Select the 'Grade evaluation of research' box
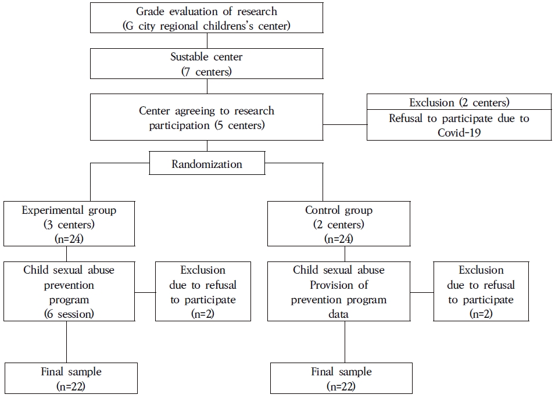tap(206, 19)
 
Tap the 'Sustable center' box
tap(206, 63)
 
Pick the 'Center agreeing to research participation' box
tap(206, 118)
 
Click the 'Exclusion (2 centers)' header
tap(459, 103)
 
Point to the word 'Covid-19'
tap(459, 133)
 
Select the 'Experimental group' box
tap(69, 224)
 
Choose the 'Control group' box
tap(339, 224)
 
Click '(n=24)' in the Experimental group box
tap(69, 238)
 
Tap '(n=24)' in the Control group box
tap(339, 238)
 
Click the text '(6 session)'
tap(66, 314)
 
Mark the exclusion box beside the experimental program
tap(203, 292)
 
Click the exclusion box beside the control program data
tap(481, 292)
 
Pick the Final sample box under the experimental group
tap(71, 378)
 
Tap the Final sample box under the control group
tap(341, 378)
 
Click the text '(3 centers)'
tap(69, 224)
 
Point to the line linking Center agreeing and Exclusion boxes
tap(345, 124)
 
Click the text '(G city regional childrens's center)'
tap(206, 26)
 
